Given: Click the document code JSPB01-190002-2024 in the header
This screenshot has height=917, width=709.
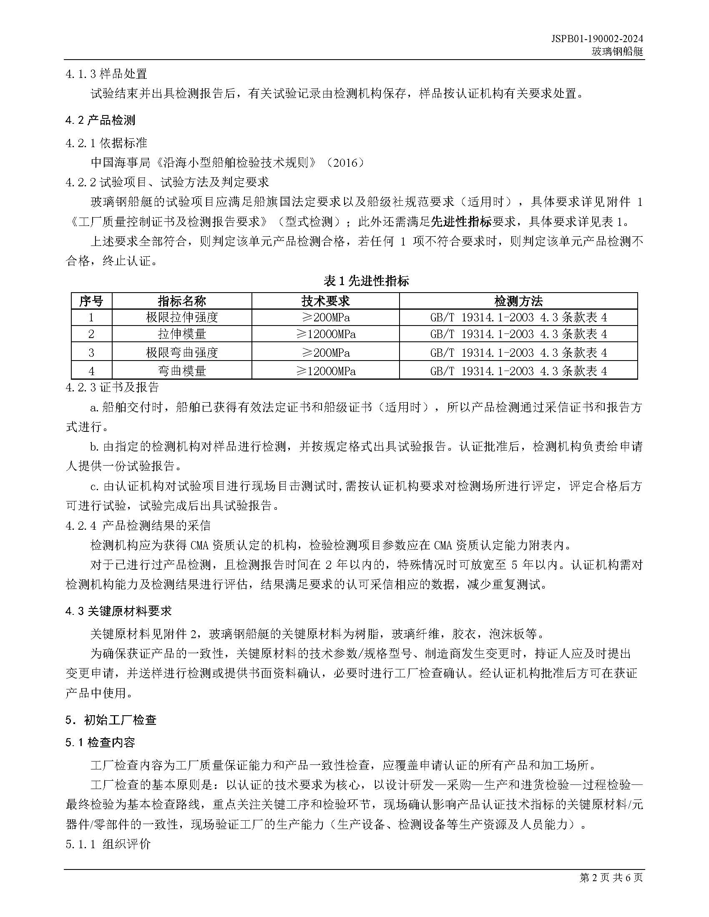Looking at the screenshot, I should (597, 39).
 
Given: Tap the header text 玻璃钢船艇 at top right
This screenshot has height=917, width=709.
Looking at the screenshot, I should (617, 52).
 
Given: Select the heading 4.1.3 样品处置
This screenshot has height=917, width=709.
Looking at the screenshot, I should (106, 74).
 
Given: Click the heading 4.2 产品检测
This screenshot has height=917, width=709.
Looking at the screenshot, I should (101, 120).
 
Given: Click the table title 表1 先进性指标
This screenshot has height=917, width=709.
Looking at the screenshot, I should (366, 281).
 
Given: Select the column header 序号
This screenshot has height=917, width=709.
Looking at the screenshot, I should (91, 301).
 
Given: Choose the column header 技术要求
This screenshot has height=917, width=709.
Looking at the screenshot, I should (325, 301).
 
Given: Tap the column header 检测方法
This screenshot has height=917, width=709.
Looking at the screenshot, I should (518, 301).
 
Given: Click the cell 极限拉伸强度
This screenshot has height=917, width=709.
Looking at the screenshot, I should (182, 317).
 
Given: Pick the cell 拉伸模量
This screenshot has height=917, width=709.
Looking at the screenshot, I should (182, 334).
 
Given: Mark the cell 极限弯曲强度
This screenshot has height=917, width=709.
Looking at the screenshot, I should (182, 353).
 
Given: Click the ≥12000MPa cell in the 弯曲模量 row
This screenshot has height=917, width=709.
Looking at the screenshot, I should (326, 371).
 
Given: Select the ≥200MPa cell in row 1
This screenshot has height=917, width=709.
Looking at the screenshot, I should (326, 317).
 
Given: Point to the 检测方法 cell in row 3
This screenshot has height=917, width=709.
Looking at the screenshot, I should (518, 353).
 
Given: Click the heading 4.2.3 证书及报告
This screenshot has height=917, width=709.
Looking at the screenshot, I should (112, 387).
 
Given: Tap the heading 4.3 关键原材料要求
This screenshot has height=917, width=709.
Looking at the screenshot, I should (118, 611).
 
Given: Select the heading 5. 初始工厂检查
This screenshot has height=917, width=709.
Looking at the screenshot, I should (111, 720).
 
